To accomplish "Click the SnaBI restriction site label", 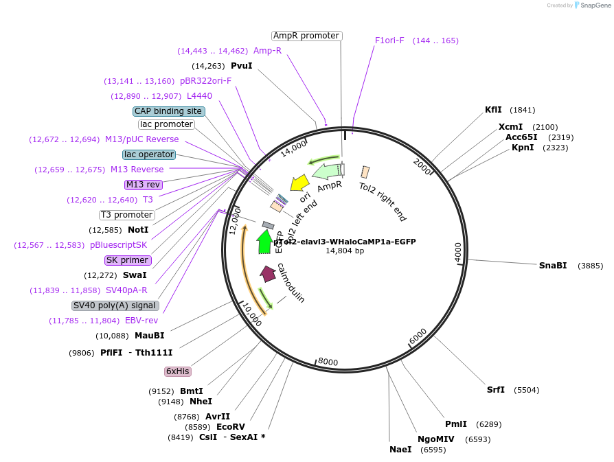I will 552,266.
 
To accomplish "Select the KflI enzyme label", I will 493,110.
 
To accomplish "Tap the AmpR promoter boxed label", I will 306,36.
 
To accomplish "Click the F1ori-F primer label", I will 389,41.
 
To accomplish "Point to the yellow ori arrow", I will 299,183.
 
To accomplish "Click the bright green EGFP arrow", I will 264,242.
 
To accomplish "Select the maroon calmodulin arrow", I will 268,273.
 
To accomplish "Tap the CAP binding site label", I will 168,111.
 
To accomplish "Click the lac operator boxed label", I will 149,154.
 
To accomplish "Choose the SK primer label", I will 128,260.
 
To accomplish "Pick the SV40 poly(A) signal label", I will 115,305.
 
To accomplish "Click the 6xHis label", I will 177,371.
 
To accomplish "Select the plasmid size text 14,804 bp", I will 345,251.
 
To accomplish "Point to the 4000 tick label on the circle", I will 458,251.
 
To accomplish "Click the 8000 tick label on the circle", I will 328,362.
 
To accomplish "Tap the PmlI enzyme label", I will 455,424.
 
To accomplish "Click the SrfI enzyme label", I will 495,390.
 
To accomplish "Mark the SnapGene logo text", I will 593,5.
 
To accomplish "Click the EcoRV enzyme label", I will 230,426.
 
